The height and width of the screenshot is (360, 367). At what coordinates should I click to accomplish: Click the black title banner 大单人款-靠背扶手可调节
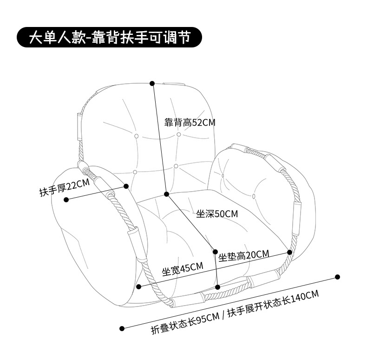click(x=110, y=37)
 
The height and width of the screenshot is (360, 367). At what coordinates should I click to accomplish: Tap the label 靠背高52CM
click(x=190, y=123)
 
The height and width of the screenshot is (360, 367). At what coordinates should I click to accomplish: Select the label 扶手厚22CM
click(x=64, y=188)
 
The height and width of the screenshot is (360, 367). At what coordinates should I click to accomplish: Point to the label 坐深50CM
click(x=217, y=214)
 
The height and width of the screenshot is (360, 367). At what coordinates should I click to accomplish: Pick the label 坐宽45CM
click(x=183, y=269)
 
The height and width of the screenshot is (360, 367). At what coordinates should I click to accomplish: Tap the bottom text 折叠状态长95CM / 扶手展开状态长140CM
click(x=235, y=312)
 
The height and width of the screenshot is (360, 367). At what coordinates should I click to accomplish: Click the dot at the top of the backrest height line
click(x=152, y=83)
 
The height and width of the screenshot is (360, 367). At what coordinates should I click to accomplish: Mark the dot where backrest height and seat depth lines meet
click(x=166, y=193)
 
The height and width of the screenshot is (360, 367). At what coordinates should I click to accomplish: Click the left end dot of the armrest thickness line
click(x=66, y=200)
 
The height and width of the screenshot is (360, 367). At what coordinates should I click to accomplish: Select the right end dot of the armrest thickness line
click(x=126, y=186)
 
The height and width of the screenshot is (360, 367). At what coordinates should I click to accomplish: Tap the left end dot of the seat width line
click(x=139, y=287)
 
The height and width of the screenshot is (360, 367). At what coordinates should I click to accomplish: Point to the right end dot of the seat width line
click(x=289, y=252)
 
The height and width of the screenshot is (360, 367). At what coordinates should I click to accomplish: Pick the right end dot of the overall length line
click(x=337, y=277)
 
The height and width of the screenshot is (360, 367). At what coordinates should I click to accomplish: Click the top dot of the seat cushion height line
click(x=215, y=252)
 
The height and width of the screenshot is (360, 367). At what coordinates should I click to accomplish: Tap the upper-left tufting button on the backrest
click(x=137, y=136)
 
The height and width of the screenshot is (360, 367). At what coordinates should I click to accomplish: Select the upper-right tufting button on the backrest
click(x=179, y=134)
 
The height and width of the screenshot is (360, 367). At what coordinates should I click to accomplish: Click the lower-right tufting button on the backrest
click(x=176, y=166)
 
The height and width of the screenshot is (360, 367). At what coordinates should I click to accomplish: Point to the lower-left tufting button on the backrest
click(x=135, y=172)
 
